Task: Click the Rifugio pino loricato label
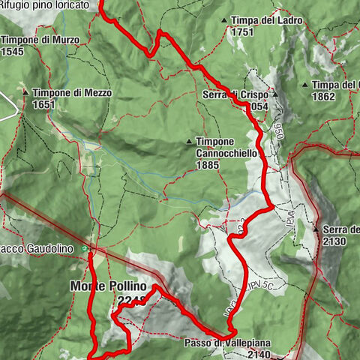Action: pyautogui.click(x=49, y=4)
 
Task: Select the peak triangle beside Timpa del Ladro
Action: pyautogui.click(x=224, y=20)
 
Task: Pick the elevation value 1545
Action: pyautogui.click(x=13, y=52)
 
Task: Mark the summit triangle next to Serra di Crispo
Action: pyautogui.click(x=275, y=95)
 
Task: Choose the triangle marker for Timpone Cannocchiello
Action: pyautogui.click(x=189, y=141)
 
